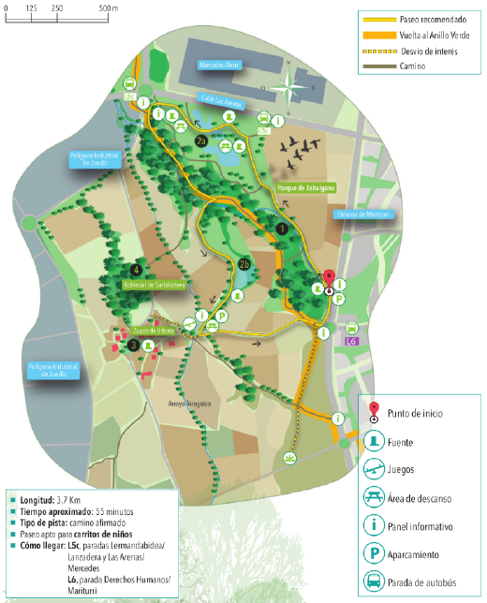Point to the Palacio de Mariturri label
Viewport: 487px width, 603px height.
click(361, 214)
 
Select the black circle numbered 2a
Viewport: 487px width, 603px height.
click(200, 140)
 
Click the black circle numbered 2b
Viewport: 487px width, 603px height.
click(244, 263)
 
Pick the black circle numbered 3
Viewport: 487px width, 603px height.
click(134, 345)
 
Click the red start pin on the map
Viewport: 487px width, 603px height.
click(329, 279)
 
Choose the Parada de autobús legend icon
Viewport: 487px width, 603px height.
click(375, 582)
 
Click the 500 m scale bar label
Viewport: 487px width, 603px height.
click(105, 7)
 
